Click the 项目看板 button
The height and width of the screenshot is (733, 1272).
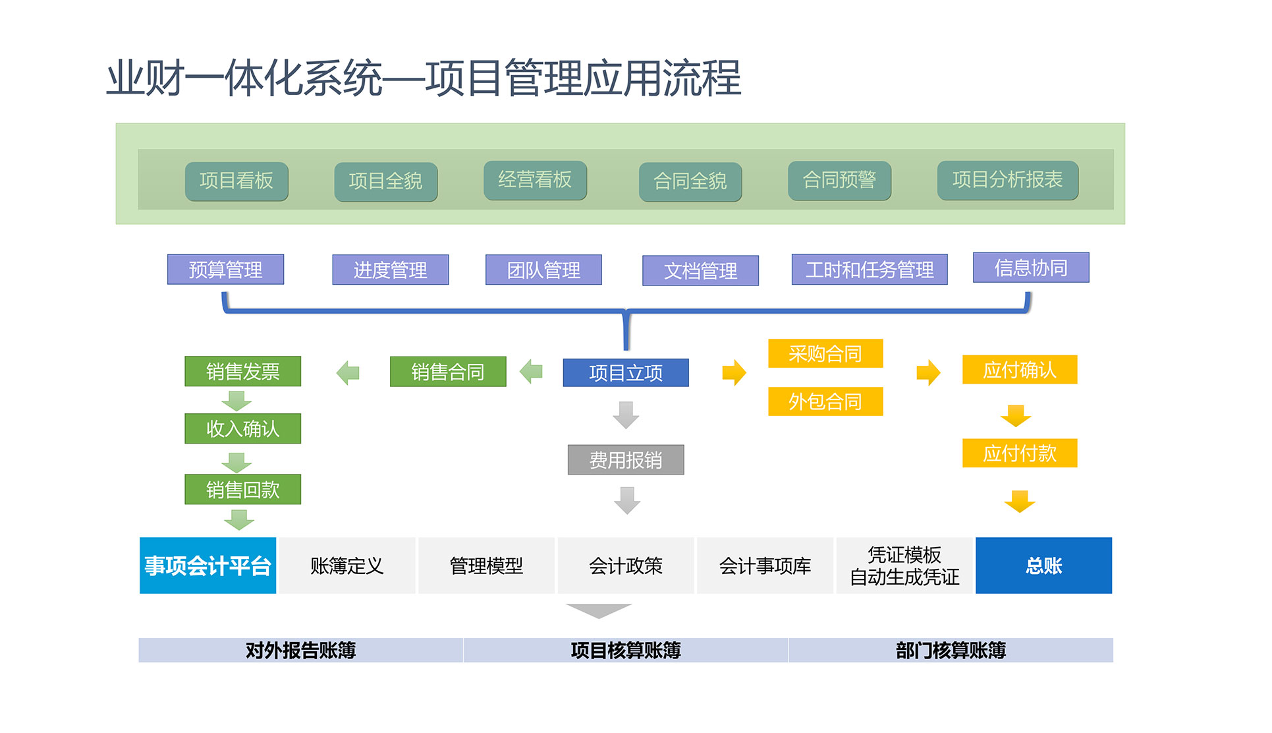click(x=236, y=181)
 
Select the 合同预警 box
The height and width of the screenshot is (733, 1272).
click(x=839, y=180)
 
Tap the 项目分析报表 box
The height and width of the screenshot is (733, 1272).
click(x=1007, y=180)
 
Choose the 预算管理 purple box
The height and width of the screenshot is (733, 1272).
click(x=225, y=270)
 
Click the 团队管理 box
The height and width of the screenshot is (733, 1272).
click(x=543, y=270)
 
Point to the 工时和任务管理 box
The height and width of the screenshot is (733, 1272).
click(x=869, y=270)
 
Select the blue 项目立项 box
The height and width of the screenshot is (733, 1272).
click(x=625, y=372)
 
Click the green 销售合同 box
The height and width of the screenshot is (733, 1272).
click(x=448, y=372)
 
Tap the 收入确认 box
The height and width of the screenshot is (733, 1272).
click(x=242, y=428)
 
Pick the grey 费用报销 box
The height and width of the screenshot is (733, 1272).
click(x=625, y=459)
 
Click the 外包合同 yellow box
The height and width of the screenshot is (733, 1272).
click(x=825, y=401)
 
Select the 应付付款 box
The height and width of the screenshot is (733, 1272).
click(x=1019, y=453)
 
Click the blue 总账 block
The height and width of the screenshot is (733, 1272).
click(x=1043, y=566)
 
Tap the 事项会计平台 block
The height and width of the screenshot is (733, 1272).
click(x=207, y=566)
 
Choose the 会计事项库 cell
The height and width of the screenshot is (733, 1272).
click(x=765, y=566)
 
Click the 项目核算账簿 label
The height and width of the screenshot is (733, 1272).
click(x=625, y=651)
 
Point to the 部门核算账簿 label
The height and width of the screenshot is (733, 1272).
click(x=951, y=651)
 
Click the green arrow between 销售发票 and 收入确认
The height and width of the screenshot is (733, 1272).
click(x=236, y=400)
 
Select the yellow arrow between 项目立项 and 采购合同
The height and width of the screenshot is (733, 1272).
click(x=734, y=372)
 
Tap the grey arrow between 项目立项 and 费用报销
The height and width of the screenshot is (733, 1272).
click(x=626, y=415)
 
